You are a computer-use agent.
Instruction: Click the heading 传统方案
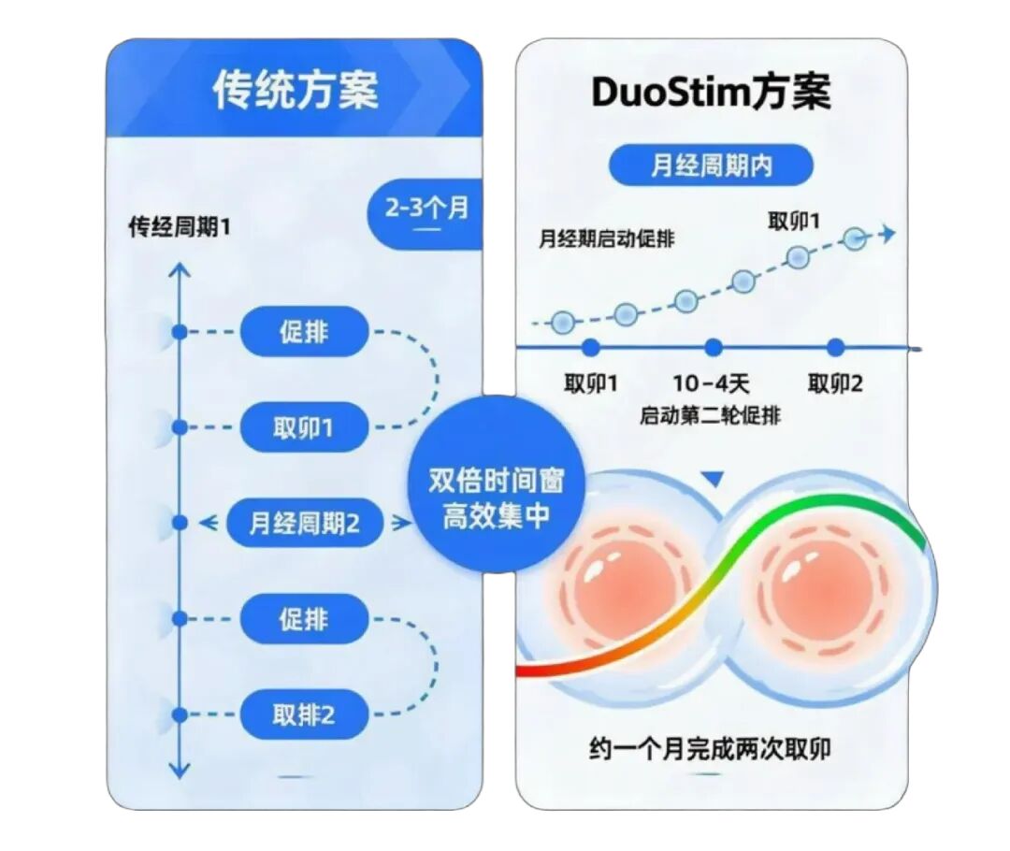point(296,90)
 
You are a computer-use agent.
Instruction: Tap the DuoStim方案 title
point(711,93)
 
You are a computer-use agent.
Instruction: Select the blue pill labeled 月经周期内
point(711,166)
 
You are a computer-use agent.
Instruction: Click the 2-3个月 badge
point(426,212)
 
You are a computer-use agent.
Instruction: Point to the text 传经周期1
point(179,226)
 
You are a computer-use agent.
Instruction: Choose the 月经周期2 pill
point(304,523)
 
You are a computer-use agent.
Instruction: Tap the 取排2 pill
point(303,714)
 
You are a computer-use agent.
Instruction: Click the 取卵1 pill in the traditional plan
point(303,427)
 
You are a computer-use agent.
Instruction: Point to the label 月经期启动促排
point(606,239)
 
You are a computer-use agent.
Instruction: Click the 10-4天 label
point(711,384)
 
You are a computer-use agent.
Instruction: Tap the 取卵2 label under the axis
point(835,384)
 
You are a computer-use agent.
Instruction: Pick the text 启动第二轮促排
point(710,415)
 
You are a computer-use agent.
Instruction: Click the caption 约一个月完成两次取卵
point(710,748)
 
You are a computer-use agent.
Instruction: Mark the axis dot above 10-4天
point(713,348)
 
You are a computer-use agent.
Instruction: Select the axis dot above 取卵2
point(835,348)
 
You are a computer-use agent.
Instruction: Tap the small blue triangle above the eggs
point(713,478)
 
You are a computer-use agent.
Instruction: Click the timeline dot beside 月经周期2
point(180,523)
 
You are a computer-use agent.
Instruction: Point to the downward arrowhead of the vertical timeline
point(179,771)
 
